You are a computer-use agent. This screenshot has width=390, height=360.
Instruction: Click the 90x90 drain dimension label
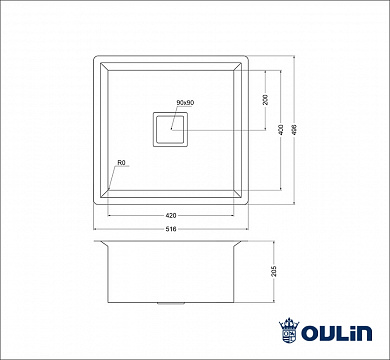[x=184, y=104]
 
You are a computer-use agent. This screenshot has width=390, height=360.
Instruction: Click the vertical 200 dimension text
[x=264, y=101]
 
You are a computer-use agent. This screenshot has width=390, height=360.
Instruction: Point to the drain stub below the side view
[x=171, y=302]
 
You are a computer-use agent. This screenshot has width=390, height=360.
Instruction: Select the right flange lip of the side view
[x=241, y=245]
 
